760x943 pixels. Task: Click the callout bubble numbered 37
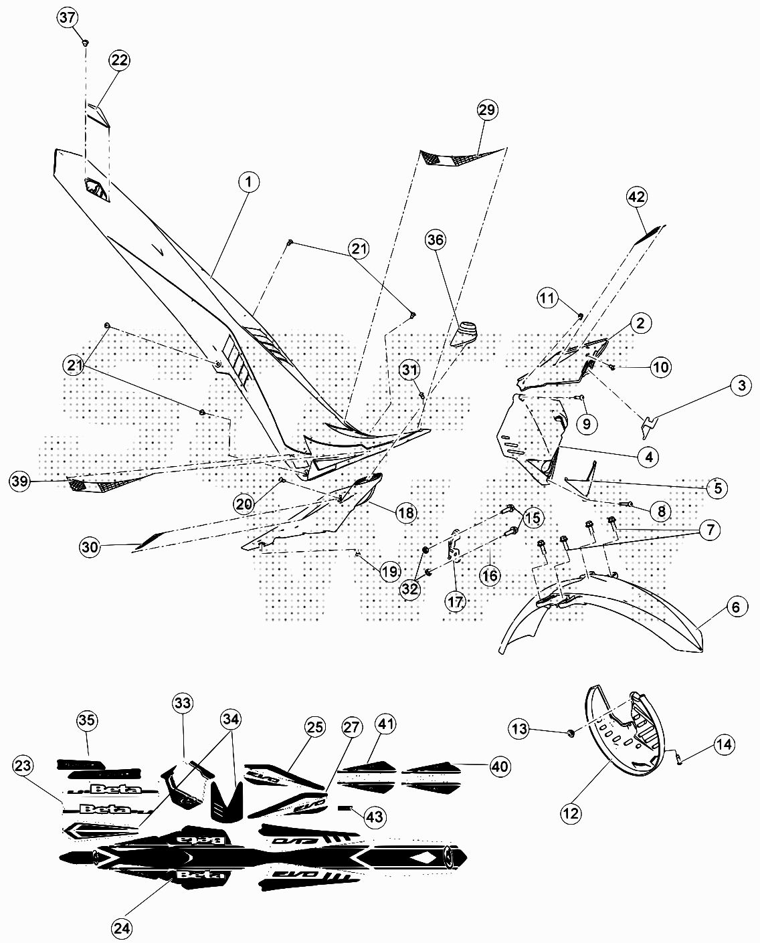tap(68, 18)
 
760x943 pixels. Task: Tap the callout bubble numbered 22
tap(119, 60)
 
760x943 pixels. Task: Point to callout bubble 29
tap(487, 110)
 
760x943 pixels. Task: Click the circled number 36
tap(436, 240)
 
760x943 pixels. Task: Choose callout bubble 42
tap(636, 197)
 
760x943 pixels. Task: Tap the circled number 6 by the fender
tap(736, 607)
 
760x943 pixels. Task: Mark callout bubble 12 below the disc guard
tap(571, 813)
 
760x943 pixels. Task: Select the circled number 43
tap(375, 817)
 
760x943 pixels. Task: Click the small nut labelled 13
tap(571, 734)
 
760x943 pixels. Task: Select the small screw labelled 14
tap(680, 758)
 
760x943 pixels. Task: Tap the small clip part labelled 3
tap(649, 423)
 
